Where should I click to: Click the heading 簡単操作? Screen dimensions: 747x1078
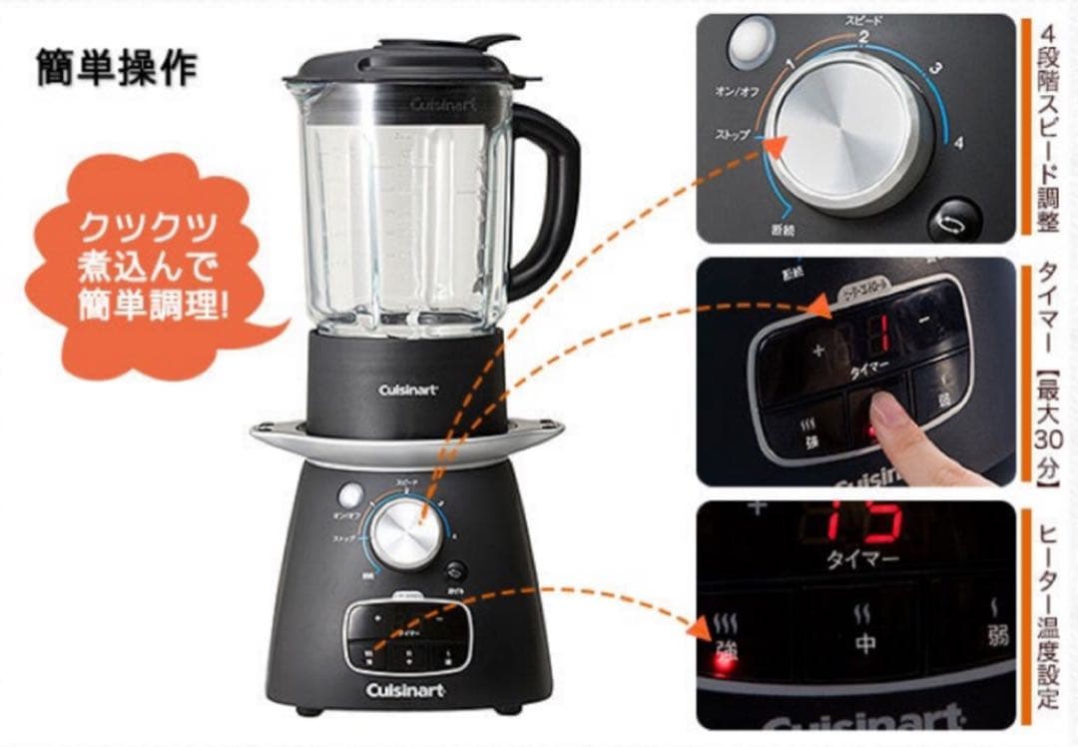(x=116, y=67)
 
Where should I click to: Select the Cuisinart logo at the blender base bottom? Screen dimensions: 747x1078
(x=404, y=690)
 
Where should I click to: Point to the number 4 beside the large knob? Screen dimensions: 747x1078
(x=958, y=143)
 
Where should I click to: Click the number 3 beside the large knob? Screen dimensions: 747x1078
(x=935, y=70)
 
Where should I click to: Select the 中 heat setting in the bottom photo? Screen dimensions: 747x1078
(x=864, y=643)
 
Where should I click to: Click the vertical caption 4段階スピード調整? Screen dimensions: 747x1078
(x=1046, y=125)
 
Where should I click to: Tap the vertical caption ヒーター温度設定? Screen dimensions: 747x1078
(x=1046, y=618)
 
